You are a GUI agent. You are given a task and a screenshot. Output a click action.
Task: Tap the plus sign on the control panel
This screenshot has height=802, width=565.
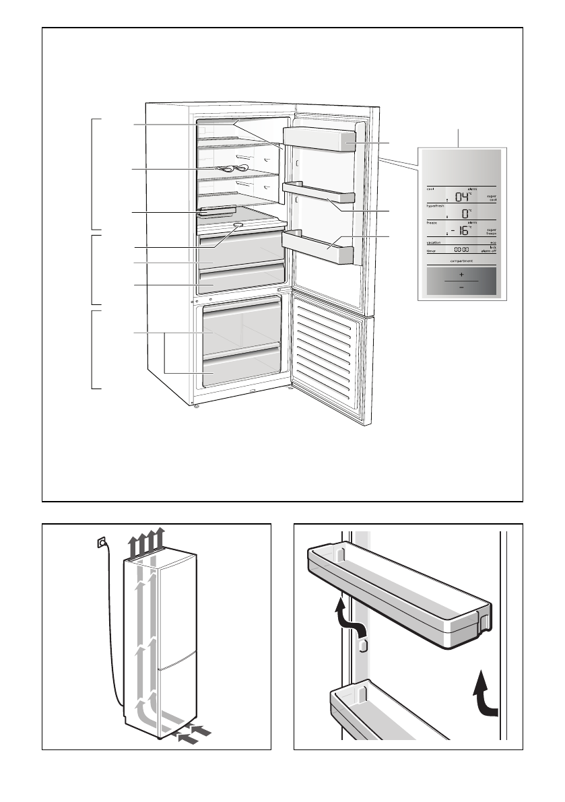461,275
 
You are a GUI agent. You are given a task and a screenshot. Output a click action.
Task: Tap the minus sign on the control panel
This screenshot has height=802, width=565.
461,287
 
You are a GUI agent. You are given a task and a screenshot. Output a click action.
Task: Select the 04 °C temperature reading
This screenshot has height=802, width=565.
462,197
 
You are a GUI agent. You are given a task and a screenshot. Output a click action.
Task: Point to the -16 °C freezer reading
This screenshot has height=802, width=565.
460,230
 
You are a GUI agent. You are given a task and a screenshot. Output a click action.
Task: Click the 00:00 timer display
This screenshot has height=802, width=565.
461,249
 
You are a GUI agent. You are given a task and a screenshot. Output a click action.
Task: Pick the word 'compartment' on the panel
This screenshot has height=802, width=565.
461,260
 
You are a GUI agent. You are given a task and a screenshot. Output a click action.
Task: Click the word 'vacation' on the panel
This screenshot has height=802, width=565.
434,242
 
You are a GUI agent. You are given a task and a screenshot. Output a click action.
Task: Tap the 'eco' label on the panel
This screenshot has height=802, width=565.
494,242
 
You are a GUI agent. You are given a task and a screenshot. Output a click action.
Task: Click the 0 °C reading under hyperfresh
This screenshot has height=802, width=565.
465,213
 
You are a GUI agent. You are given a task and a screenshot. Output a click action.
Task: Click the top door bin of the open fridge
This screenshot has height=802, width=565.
319,141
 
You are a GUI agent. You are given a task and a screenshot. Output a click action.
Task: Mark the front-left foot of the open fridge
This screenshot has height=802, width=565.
195,405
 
